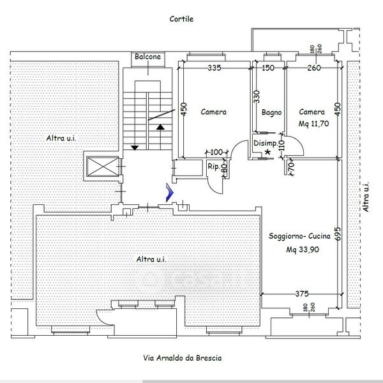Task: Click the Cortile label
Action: pyautogui.click(x=181, y=19)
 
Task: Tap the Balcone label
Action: pyautogui.click(x=148, y=57)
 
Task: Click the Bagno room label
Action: pyautogui.click(x=272, y=112)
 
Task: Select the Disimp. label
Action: pyautogui.click(x=266, y=143)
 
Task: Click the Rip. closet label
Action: pyautogui.click(x=214, y=167)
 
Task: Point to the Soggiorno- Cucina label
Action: pyautogui.click(x=299, y=236)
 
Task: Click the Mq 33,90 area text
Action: pyautogui.click(x=303, y=250)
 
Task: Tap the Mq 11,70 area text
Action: pyautogui.click(x=313, y=124)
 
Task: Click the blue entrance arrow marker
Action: pyautogui.click(x=170, y=193)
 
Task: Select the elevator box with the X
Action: pyautogui.click(x=103, y=167)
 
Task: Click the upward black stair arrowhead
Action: pyautogui.click(x=160, y=127)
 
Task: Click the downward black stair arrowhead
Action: pyautogui.click(x=135, y=148)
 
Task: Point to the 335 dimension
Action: pyautogui.click(x=214, y=68)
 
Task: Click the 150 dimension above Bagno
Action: pyautogui.click(x=268, y=68)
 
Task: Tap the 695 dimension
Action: pyautogui.click(x=337, y=234)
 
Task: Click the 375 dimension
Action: pyautogui.click(x=302, y=294)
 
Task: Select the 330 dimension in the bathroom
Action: pyautogui.click(x=257, y=97)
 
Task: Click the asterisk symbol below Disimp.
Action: pyautogui.click(x=267, y=152)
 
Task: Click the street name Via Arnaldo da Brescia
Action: pyautogui.click(x=183, y=358)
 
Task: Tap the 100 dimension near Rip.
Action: pyautogui.click(x=216, y=152)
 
